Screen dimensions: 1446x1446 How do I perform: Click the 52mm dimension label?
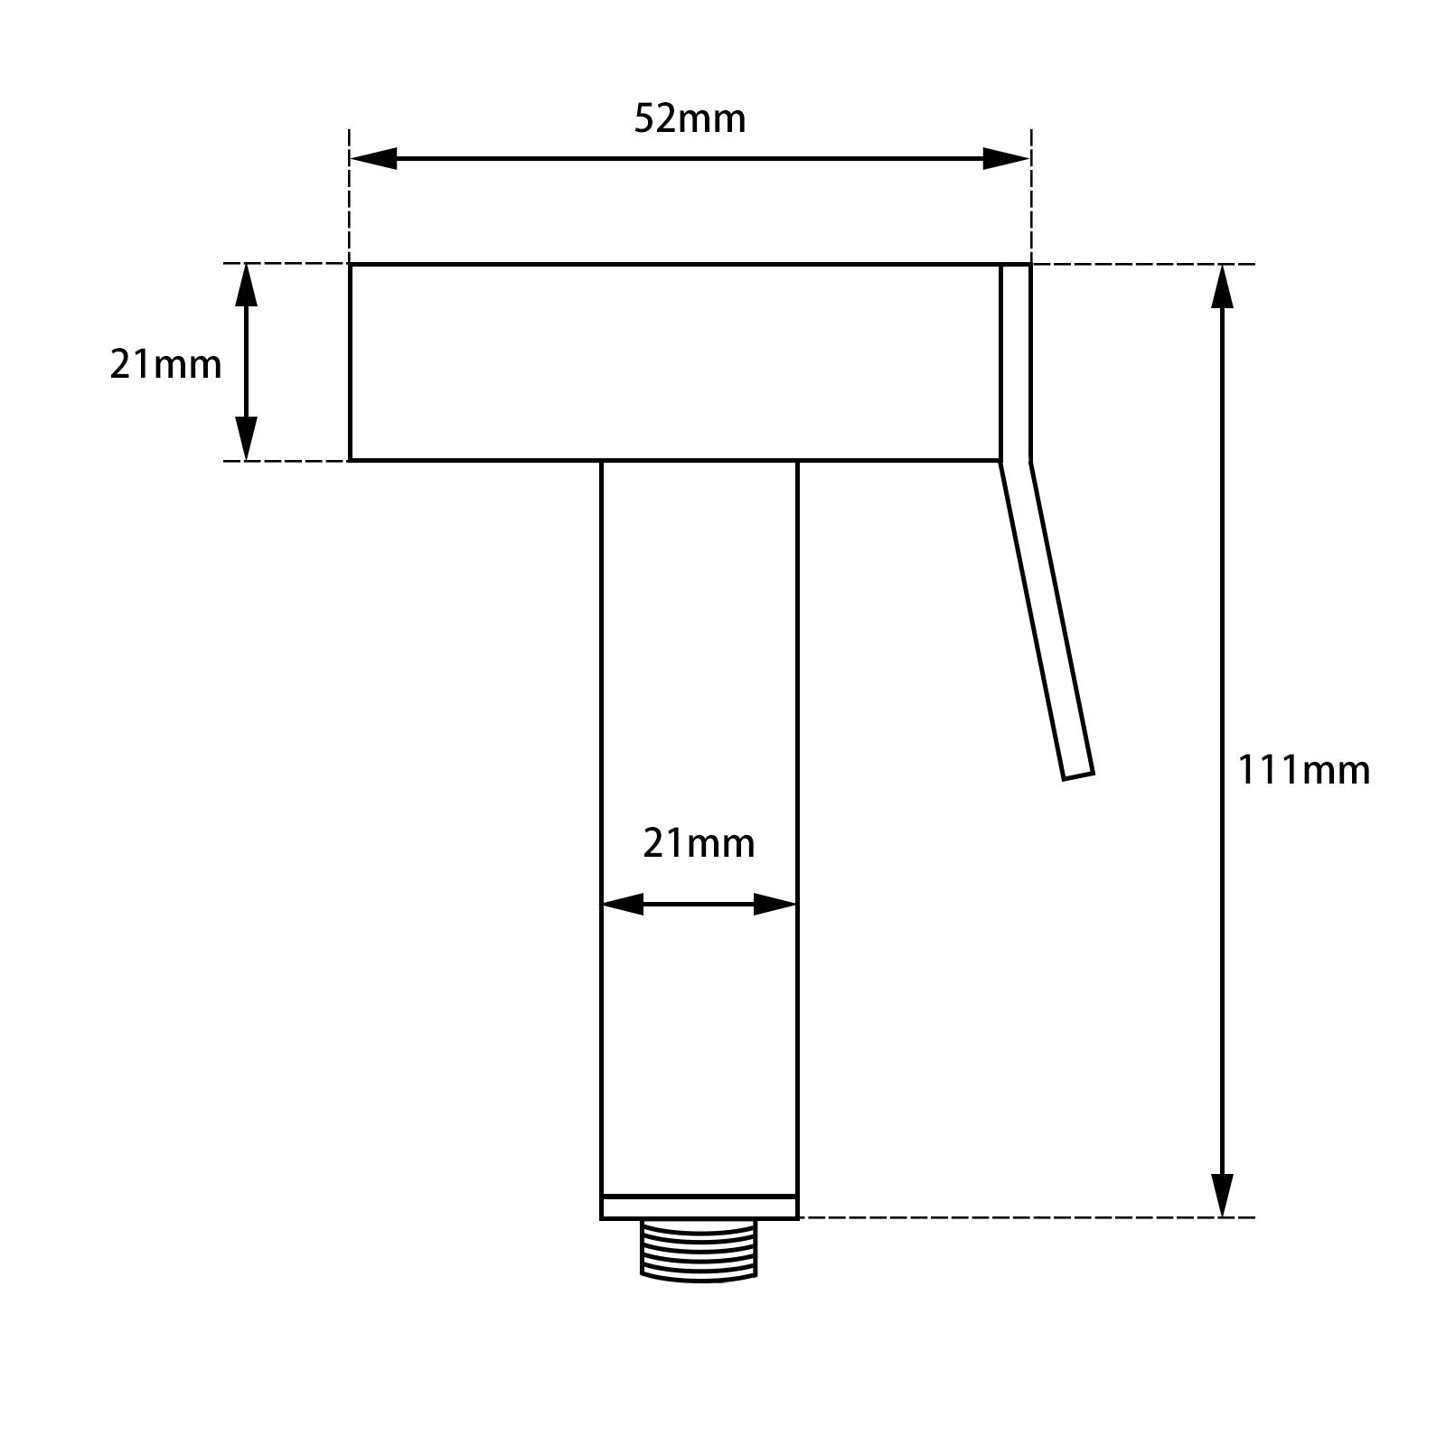pos(690,118)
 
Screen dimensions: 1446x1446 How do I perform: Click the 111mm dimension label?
pos(1302,770)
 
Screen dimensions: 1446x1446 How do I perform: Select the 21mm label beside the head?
pos(165,364)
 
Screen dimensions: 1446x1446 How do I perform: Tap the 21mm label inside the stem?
pos(699,843)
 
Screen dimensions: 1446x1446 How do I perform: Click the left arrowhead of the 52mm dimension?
pos(372,159)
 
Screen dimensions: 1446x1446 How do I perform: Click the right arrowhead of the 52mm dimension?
pos(1007,159)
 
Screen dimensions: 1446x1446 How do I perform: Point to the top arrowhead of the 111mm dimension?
pos(1222,286)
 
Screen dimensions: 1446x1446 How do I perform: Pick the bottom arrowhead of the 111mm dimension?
pos(1222,1195)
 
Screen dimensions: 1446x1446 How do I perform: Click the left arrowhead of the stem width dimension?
pos(622,904)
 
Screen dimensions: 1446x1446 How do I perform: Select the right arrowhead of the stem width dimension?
pos(775,904)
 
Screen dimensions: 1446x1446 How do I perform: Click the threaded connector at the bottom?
pos(699,1250)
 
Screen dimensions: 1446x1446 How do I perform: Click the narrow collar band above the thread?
pos(699,1207)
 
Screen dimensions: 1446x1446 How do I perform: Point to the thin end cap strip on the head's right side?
pos(1015,361)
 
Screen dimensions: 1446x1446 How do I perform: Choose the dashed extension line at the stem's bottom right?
pos(1021,1217)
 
